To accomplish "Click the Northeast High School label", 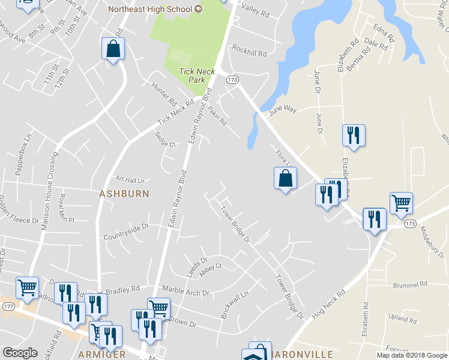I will [150, 9].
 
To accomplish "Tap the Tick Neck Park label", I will [196, 75].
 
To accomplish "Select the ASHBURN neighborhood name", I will [124, 194].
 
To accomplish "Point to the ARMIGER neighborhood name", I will [102, 354].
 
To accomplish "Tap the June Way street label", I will [283, 110].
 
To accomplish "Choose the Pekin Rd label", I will [217, 115].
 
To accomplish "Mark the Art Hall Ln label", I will [130, 179].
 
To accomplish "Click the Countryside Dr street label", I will [125, 232].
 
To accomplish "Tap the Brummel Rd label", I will [410, 284].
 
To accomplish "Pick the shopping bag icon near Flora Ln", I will [286, 178].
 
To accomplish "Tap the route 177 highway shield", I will [8, 306].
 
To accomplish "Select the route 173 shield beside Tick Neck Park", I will [233, 79].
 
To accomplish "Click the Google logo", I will [20, 353].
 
